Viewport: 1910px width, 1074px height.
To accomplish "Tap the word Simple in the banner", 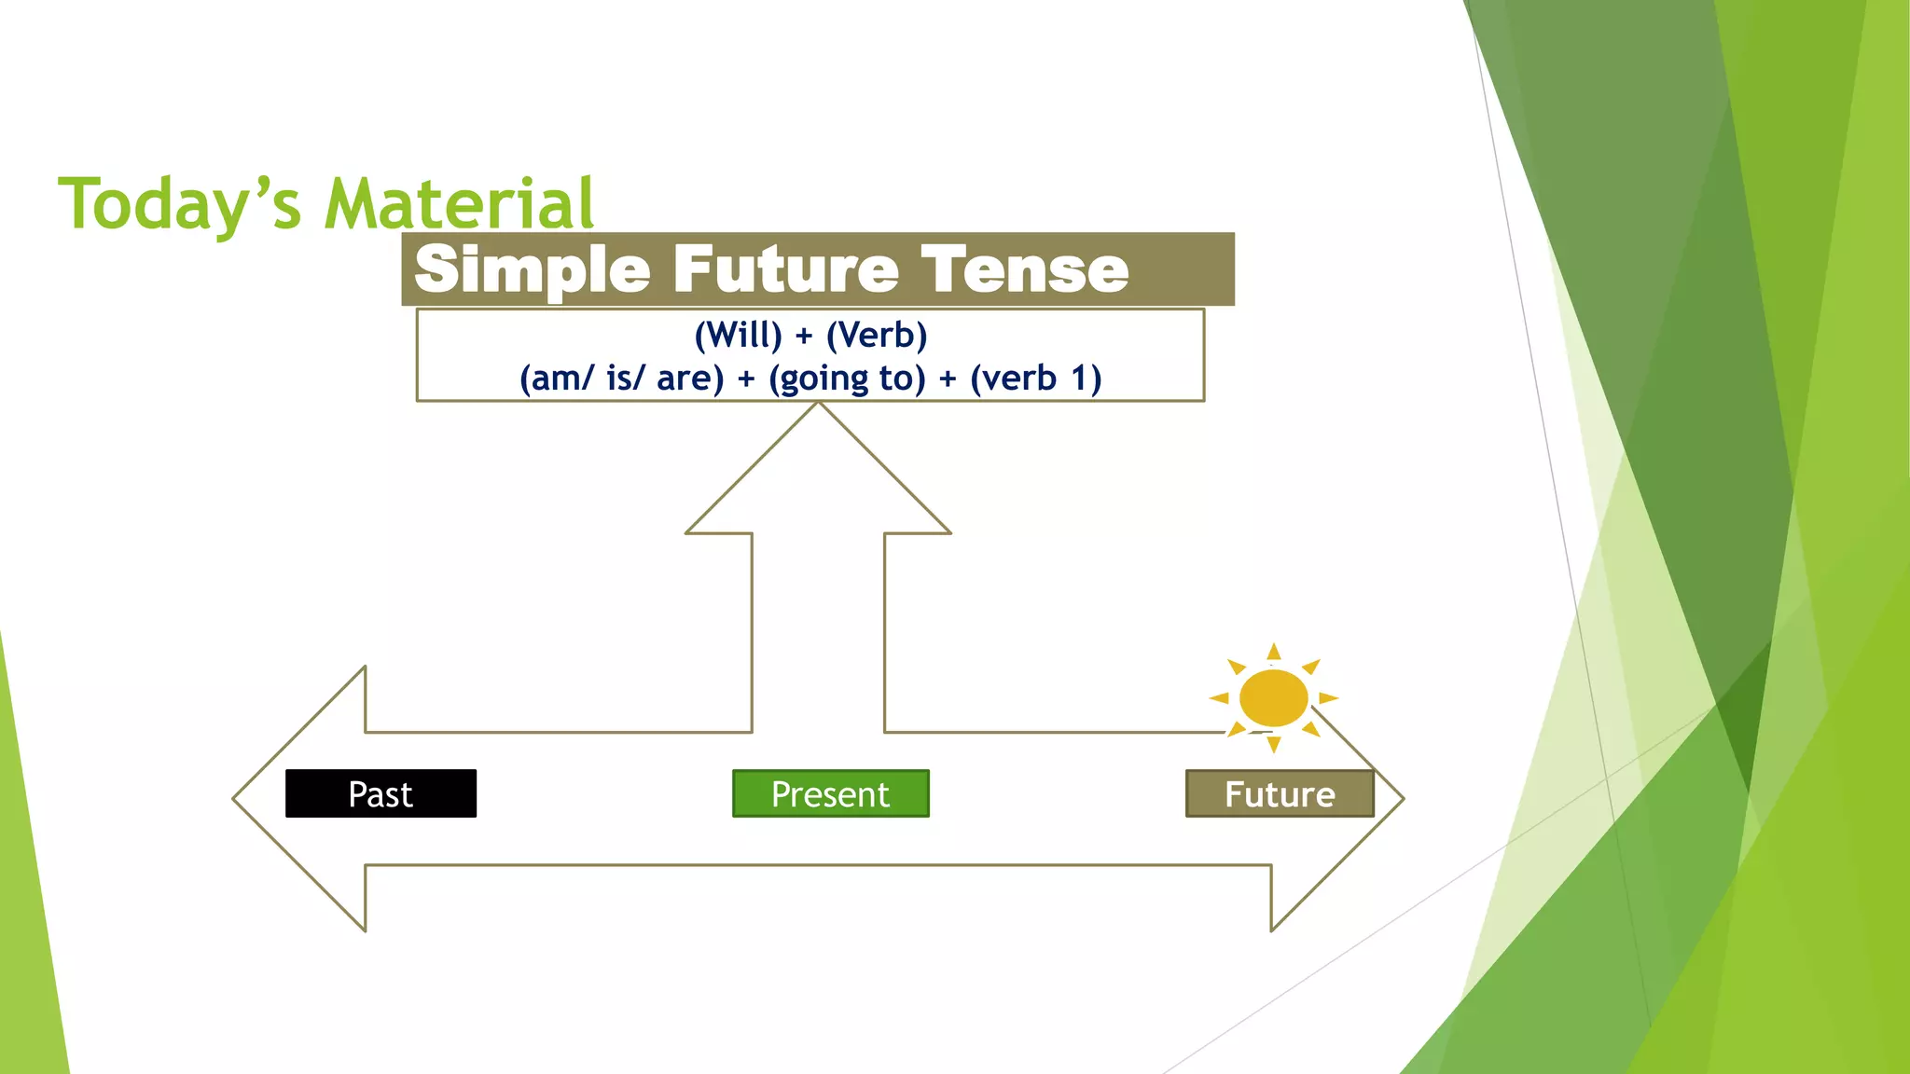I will [x=532, y=269].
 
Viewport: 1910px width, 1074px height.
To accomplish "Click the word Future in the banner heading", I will [x=785, y=269].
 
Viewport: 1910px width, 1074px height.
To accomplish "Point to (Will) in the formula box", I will [x=738, y=335].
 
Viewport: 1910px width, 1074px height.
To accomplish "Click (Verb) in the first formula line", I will [x=877, y=335].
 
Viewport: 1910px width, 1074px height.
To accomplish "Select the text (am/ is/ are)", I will [x=621, y=379].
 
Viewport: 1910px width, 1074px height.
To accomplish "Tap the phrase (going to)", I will [x=847, y=379].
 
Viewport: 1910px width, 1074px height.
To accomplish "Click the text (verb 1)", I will [x=1035, y=379].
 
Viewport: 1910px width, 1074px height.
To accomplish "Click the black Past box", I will [x=381, y=794].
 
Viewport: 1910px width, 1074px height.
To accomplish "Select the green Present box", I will [x=830, y=794].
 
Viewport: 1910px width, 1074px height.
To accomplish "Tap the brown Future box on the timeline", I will [x=1279, y=794].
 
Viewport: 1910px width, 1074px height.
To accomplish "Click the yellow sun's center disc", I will [x=1273, y=697].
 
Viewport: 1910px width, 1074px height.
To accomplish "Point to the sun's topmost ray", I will [x=1274, y=650].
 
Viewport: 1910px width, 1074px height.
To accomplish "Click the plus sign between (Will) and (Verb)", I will [x=804, y=336].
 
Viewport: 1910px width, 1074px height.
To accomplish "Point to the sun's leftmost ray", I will [x=1218, y=697].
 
